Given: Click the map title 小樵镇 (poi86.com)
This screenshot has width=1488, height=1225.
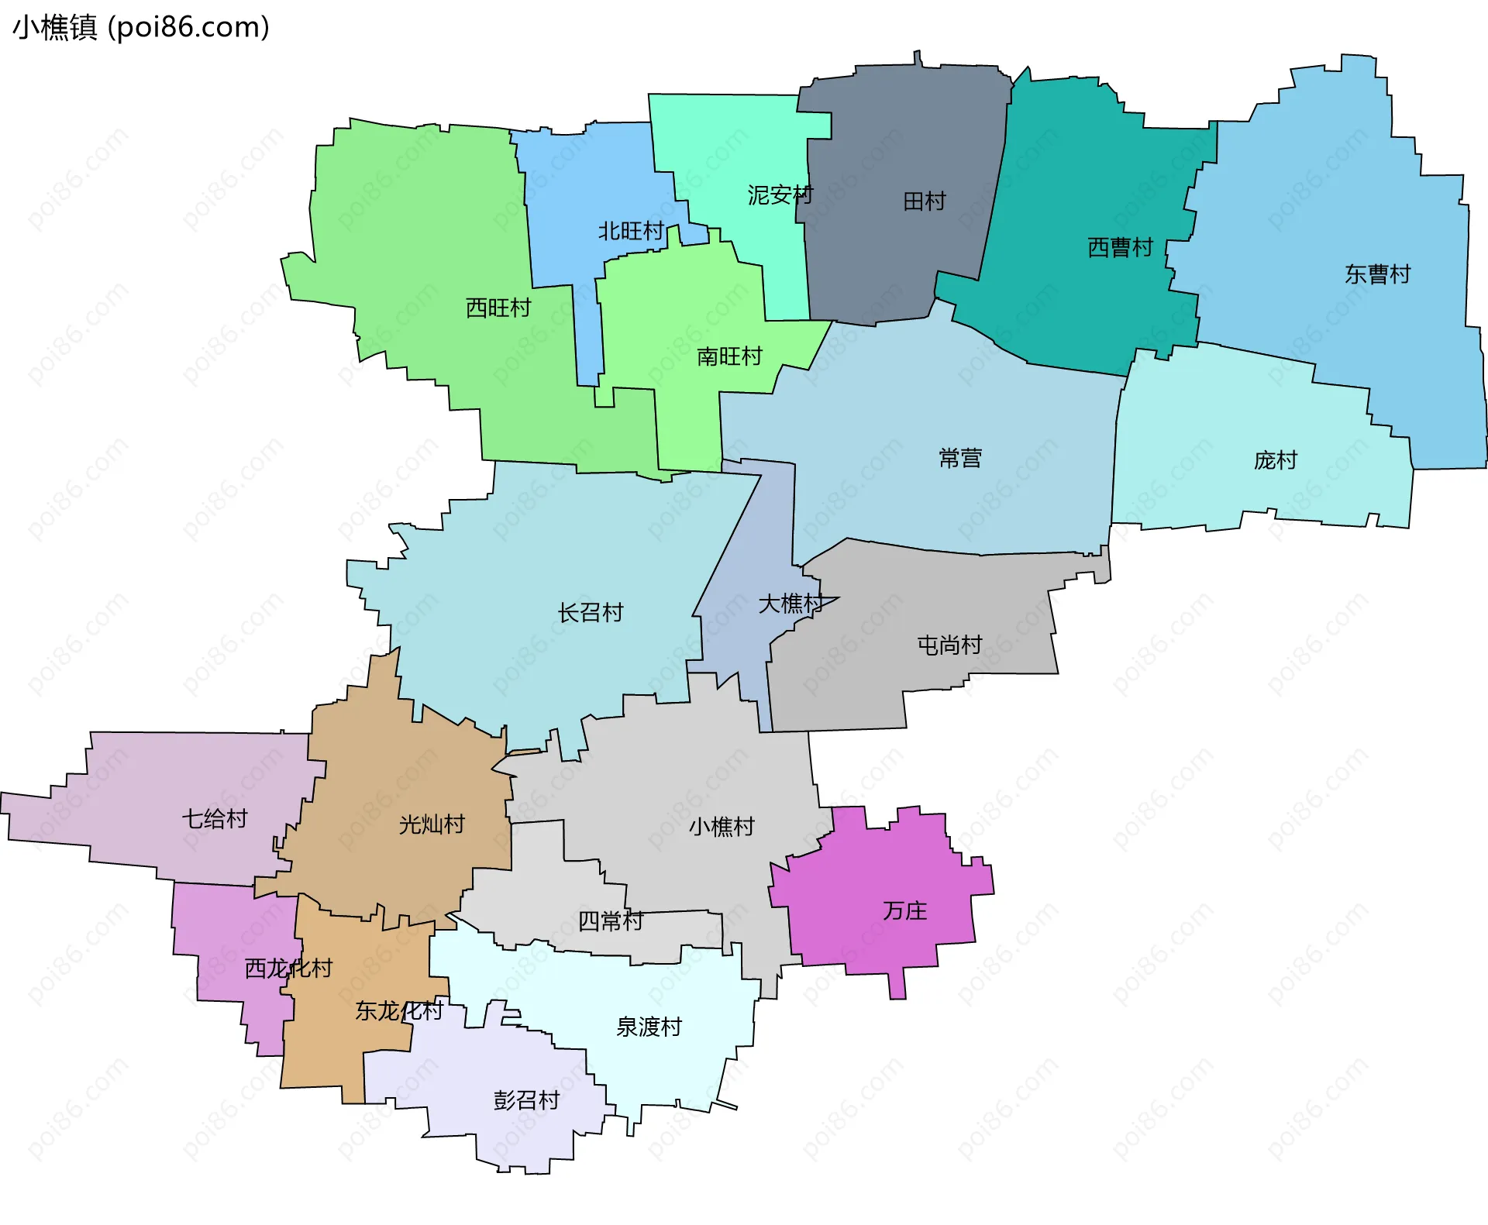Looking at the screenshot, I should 141,28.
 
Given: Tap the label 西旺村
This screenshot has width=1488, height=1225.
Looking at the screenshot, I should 498,308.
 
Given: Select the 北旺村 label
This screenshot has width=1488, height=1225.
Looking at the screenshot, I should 631,231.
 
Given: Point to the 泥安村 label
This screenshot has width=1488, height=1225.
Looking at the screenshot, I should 780,195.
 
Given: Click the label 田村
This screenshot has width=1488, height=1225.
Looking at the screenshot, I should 925,201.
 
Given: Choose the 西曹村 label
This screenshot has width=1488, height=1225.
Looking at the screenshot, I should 1121,248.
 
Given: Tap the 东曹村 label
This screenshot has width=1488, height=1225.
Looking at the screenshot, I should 1377,274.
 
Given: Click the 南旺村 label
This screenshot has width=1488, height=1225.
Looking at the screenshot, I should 729,356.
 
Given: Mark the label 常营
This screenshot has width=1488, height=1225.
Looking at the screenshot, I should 960,459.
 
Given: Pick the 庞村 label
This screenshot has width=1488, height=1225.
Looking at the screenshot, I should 1276,460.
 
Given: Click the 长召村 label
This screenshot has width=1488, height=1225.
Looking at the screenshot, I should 591,613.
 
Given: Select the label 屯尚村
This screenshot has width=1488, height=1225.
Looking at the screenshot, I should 949,645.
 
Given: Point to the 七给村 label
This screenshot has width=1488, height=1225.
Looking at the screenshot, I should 215,818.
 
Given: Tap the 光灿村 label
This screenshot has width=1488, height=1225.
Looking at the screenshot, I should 432,824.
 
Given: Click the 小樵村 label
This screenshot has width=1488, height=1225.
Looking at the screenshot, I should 722,827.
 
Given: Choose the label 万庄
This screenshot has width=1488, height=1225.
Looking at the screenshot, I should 904,910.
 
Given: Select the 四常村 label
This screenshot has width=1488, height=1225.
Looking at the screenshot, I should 611,921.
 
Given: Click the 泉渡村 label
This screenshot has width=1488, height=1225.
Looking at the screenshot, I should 649,1027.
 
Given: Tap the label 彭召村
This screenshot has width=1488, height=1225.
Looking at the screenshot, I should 526,1100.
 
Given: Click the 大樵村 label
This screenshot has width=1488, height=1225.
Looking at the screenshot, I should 790,604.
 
